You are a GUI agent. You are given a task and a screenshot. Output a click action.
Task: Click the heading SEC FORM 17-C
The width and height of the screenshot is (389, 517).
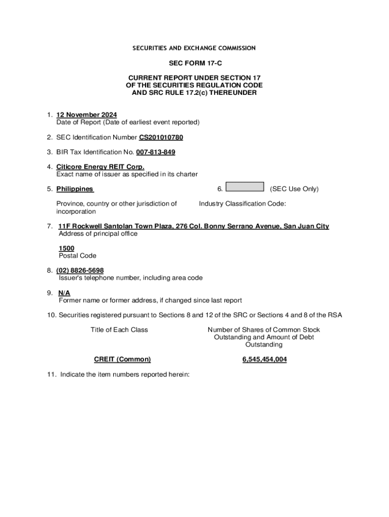194,64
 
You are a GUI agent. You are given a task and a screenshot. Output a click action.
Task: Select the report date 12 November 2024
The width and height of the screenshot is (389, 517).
86,115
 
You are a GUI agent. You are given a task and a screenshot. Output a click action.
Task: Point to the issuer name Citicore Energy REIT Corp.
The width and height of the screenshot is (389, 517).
100,167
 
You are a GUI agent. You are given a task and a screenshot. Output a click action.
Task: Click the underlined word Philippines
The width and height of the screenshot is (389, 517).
75,189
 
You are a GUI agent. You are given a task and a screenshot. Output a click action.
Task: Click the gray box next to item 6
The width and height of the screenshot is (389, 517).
245,187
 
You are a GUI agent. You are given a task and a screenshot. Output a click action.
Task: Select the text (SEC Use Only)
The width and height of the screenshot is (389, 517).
294,189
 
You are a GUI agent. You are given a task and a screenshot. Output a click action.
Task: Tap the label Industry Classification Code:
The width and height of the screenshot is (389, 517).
242,203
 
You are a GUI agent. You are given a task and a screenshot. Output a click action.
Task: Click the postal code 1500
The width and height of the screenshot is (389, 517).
67,248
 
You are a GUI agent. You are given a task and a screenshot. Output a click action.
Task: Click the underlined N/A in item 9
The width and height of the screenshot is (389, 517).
64,293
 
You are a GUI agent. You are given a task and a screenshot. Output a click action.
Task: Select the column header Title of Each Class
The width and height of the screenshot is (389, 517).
119,330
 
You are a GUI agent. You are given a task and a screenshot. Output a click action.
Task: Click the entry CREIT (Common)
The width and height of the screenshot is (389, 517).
122,359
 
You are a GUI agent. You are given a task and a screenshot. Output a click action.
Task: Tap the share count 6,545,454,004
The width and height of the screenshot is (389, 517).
264,359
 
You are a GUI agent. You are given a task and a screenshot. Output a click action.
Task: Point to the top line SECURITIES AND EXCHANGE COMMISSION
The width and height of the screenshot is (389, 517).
194,48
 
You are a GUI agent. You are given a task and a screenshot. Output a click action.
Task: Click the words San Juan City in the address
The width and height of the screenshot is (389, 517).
306,226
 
